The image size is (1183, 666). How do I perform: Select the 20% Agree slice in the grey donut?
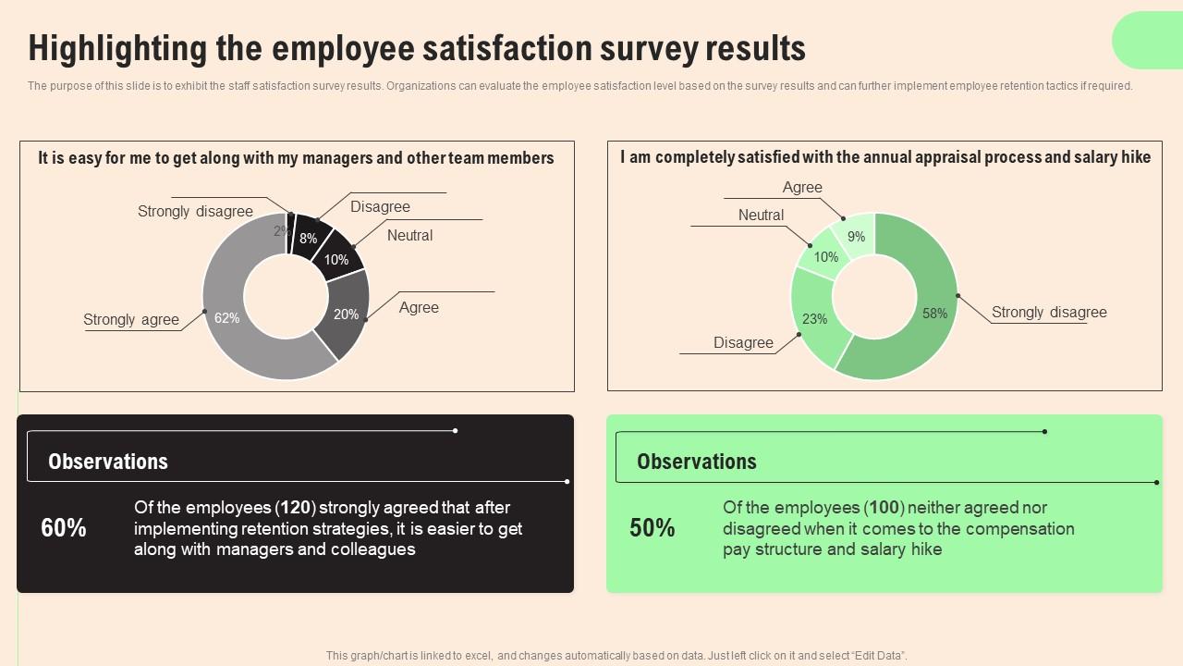coord(347,314)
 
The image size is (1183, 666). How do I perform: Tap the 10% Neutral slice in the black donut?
coord(336,260)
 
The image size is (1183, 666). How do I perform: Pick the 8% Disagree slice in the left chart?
coord(309,238)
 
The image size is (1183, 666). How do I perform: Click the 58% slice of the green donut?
coord(934,314)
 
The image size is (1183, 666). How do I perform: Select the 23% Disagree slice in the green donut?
coord(814,319)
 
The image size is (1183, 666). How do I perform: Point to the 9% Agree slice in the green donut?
coord(856,236)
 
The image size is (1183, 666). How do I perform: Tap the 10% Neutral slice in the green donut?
coord(825,257)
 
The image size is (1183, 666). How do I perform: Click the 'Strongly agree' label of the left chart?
coord(131,320)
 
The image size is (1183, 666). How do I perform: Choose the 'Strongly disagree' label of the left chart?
coord(195,212)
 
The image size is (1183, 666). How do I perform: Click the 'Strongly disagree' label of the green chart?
coord(1049,313)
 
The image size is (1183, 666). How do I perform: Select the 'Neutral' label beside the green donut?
coord(761,216)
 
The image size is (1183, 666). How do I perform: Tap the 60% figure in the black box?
coord(64,528)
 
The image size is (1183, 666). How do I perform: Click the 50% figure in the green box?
coord(652,528)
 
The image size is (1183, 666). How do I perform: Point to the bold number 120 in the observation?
coord(296,508)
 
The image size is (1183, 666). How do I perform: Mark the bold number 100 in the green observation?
coord(884,508)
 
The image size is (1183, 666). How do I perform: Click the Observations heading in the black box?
coord(108,462)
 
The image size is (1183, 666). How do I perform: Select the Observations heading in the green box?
coord(697,462)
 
